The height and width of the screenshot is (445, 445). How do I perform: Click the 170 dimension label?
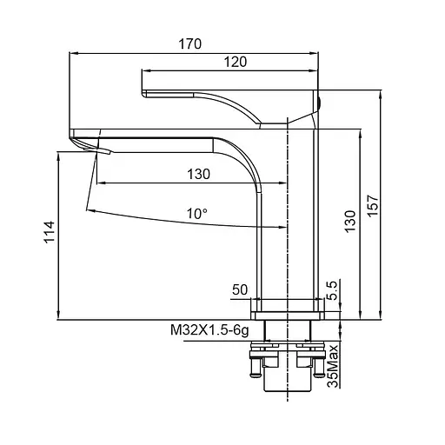(189, 44)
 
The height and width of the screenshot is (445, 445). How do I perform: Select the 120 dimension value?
(236, 62)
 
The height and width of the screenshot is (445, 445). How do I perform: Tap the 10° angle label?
(197, 214)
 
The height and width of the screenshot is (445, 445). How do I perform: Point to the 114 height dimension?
(50, 232)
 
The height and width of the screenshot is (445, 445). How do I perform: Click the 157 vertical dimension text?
(373, 205)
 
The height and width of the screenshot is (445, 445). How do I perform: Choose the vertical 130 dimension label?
(350, 221)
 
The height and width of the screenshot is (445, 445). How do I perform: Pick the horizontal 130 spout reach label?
(198, 174)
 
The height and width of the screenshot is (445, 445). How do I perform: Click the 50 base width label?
(240, 289)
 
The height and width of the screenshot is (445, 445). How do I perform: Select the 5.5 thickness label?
(332, 290)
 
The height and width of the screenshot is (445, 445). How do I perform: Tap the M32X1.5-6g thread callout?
(209, 330)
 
